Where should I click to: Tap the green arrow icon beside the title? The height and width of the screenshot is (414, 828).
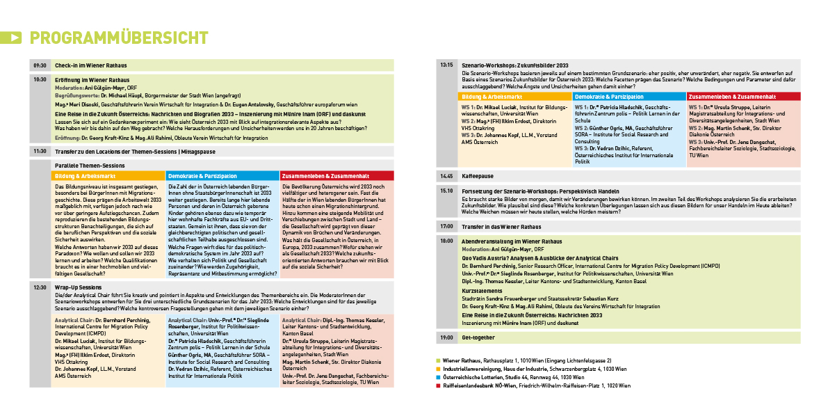click(13, 38)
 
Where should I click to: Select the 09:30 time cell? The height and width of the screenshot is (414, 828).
click(39, 65)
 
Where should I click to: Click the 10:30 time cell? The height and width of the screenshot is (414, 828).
click(39, 80)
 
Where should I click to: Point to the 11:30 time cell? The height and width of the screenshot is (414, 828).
click(39, 150)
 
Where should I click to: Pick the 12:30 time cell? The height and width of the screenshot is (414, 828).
click(39, 287)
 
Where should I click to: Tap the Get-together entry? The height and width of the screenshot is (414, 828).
click(478, 337)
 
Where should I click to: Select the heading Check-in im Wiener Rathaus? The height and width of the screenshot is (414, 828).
click(90, 65)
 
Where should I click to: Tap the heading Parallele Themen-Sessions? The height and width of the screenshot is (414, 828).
click(90, 166)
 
